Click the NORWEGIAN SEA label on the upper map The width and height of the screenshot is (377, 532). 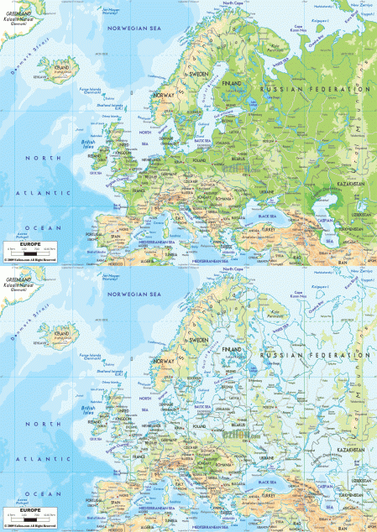[x=132, y=29]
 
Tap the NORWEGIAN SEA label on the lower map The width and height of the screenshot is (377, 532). [x=132, y=295]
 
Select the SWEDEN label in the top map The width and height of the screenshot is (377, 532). [x=197, y=74]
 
